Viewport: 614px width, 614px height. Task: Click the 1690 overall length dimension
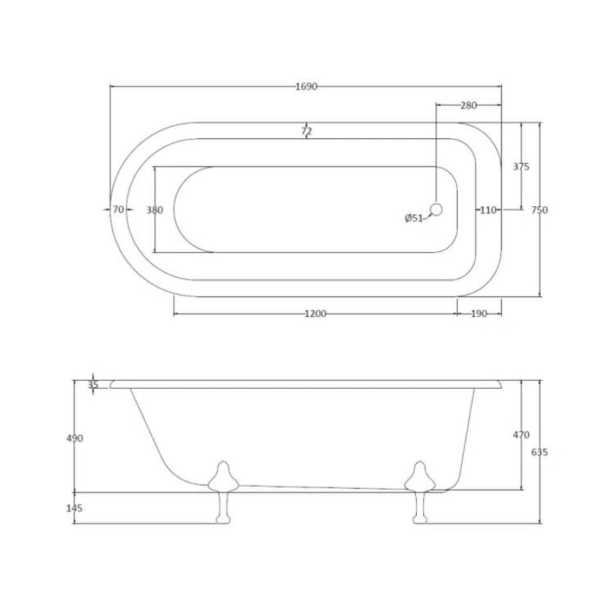point(306,86)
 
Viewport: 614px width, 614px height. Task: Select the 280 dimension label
point(469,105)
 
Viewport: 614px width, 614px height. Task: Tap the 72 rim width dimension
point(306,131)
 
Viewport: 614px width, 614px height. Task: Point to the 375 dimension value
point(520,167)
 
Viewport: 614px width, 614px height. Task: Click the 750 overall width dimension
point(539,210)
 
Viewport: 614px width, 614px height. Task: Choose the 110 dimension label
point(488,210)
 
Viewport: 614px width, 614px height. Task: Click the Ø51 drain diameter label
point(414,218)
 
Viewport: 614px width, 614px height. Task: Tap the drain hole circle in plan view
point(436,210)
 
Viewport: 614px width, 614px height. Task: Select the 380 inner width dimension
point(154,210)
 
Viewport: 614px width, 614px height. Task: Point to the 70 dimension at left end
point(118,210)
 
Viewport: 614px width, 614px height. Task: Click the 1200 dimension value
point(315,314)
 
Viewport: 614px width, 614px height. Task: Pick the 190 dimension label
point(480,314)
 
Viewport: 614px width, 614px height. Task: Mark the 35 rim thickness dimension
point(93,384)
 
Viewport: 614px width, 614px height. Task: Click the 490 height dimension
point(75,438)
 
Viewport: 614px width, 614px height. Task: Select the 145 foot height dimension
point(75,508)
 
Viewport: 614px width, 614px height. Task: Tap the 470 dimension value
point(520,435)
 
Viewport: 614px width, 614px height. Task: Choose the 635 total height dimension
point(539,452)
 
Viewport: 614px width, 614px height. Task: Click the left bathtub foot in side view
point(221,490)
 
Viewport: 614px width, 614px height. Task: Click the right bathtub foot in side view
point(420,490)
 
